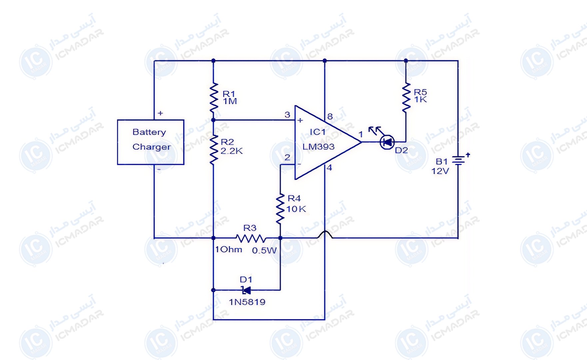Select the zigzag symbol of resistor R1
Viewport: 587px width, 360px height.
coord(214,97)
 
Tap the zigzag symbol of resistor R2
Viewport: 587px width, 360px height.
coord(214,150)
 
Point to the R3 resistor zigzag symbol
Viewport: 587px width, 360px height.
coord(251,238)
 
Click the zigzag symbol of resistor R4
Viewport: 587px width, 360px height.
coord(280,208)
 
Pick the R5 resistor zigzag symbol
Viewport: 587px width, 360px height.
coord(406,97)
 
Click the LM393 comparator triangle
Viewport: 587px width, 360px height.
coord(328,142)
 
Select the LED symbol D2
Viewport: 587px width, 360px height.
coord(387,142)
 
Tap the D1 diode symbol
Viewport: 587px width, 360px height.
coord(246,290)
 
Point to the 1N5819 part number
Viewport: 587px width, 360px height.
coord(247,302)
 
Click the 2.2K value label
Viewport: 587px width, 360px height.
coord(232,151)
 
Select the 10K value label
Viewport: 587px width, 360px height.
coord(296,209)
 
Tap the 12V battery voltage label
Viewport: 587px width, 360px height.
coord(440,171)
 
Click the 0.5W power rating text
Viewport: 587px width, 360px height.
coord(264,250)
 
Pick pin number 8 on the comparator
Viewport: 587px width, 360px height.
coord(330,117)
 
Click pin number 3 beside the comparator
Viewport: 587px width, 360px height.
coord(288,115)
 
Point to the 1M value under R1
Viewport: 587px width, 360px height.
coord(230,101)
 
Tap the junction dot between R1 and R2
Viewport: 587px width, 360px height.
coord(214,120)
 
